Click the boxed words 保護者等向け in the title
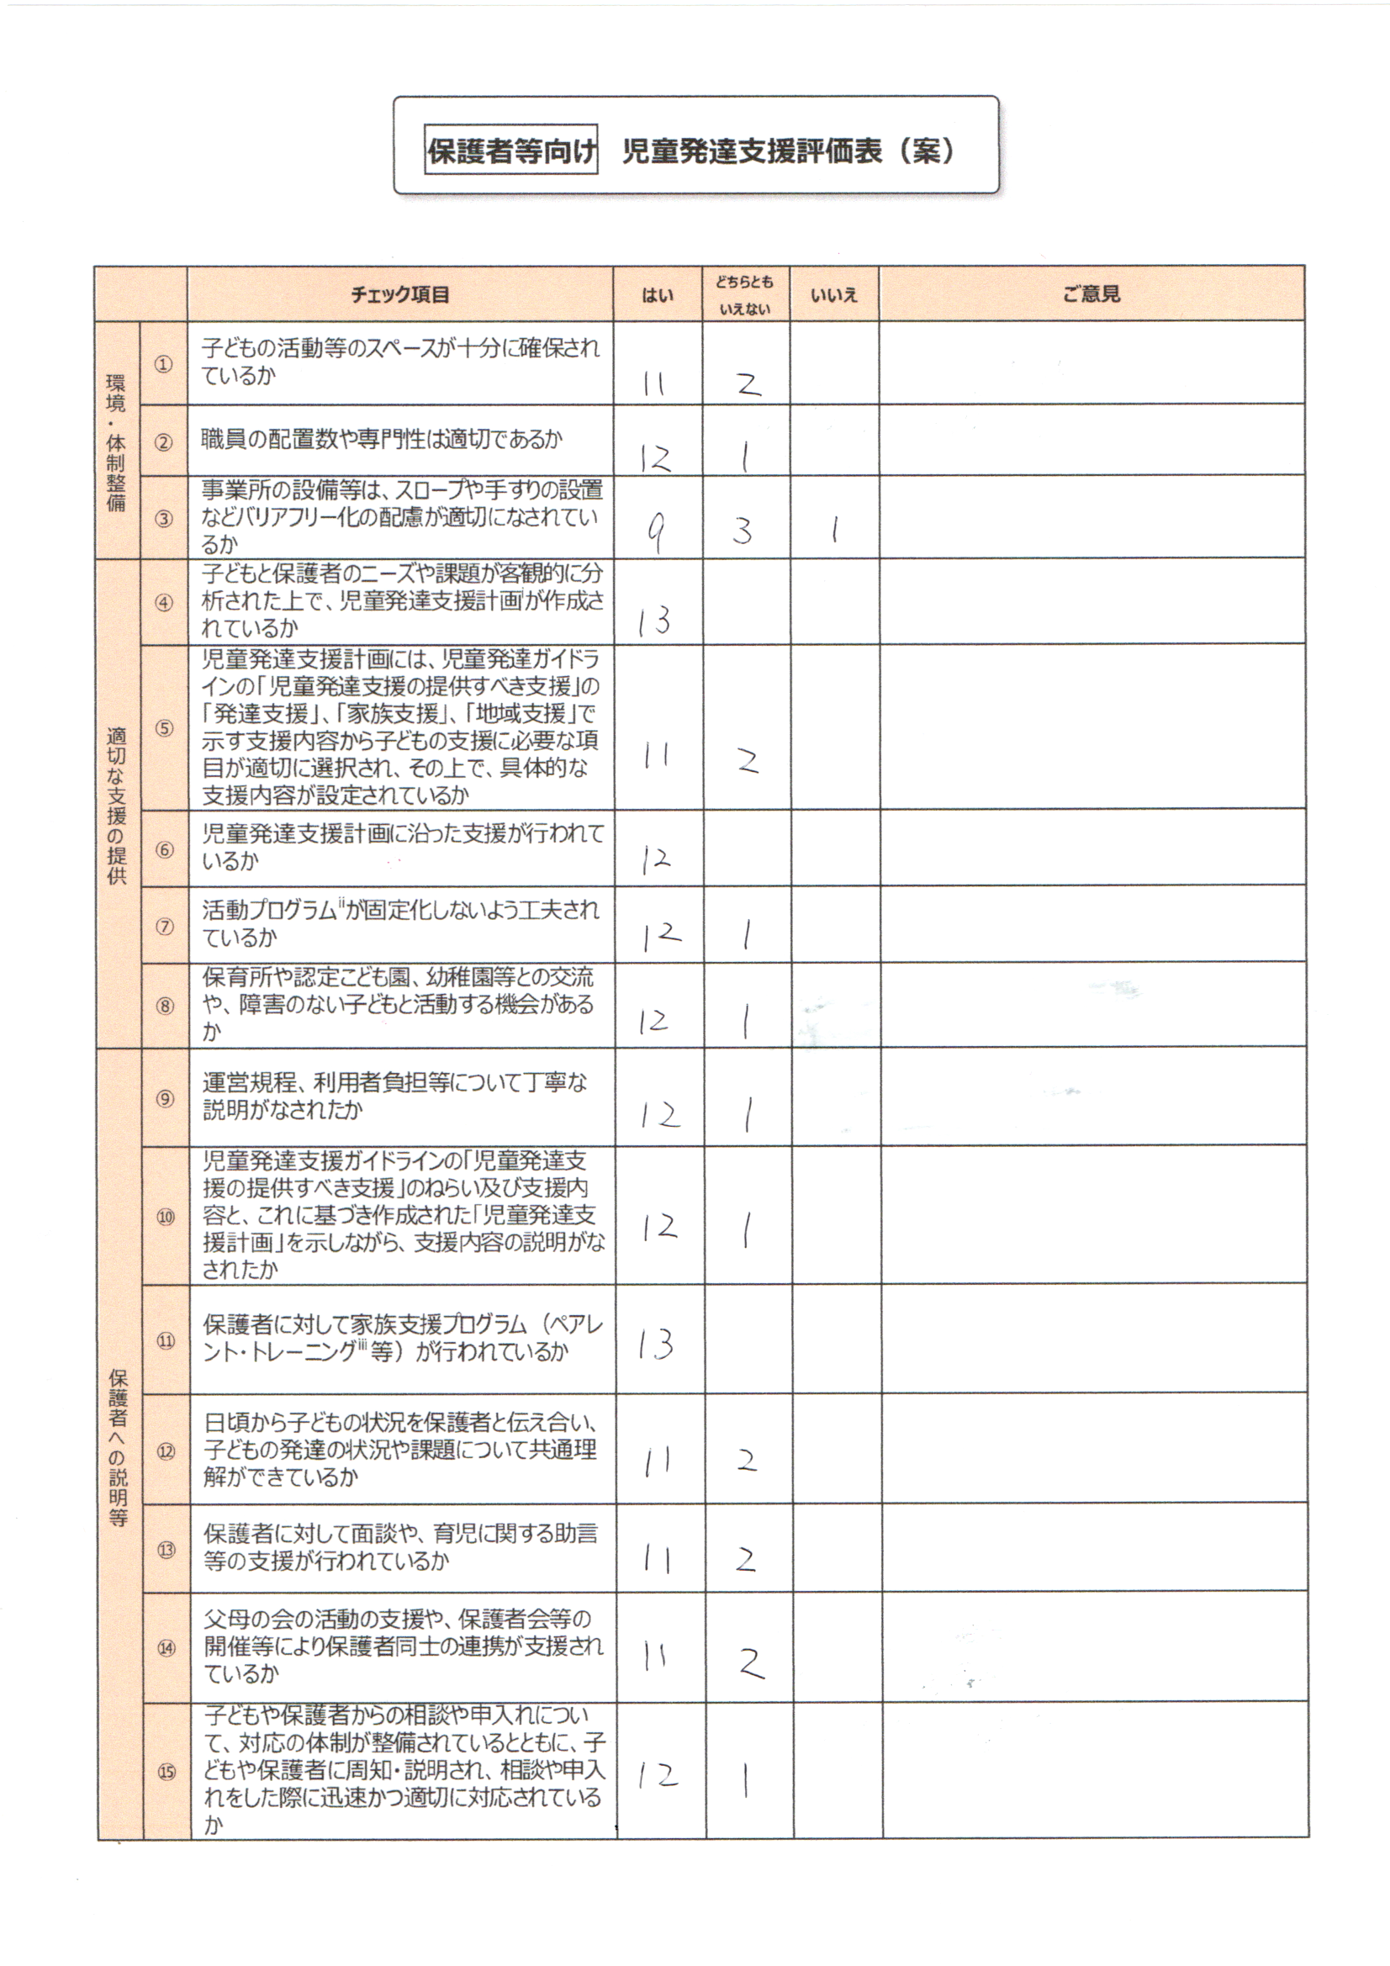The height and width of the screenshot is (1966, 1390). point(511,151)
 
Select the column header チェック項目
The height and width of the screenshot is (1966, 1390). point(400,294)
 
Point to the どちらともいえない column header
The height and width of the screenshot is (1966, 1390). point(745,294)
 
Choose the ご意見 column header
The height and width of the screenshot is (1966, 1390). point(1091,294)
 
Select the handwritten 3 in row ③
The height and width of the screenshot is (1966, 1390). point(742,531)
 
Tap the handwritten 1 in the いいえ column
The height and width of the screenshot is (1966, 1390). point(833,531)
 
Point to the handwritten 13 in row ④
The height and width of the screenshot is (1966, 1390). point(654,620)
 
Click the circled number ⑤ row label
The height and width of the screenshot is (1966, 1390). point(164,729)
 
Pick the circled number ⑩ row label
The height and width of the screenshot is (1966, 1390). point(166,1217)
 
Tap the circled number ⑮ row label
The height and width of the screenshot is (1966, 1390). point(166,1772)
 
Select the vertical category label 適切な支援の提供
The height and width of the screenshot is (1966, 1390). point(117,805)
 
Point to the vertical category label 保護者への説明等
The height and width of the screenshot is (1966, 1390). point(119,1447)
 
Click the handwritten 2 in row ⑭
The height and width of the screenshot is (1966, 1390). point(750,1663)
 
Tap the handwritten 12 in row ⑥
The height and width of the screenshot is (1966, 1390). point(656,858)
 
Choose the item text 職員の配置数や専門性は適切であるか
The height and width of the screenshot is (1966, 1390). point(381,440)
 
